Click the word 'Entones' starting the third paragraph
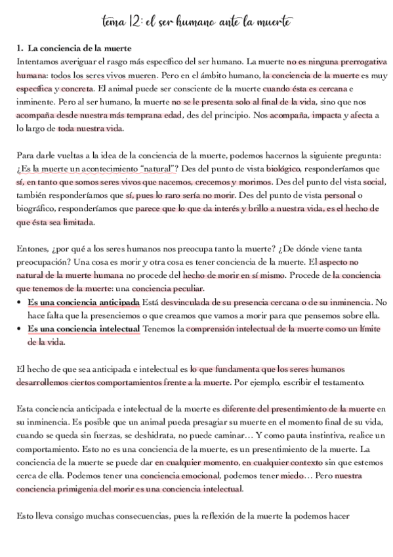(x=31, y=249)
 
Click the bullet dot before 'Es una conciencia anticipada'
(x=20, y=302)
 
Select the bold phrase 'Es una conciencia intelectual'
(x=83, y=329)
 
